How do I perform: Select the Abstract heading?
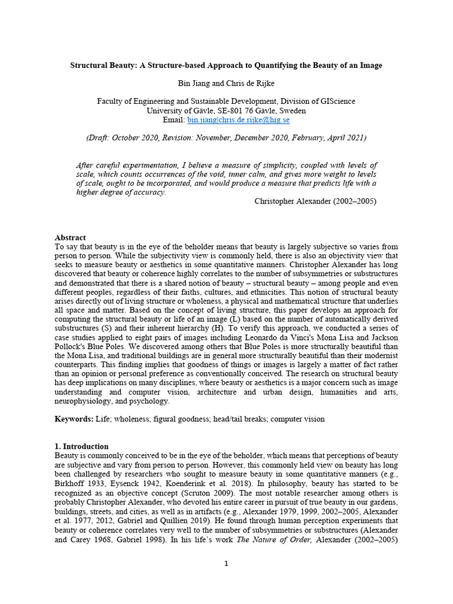[70, 238]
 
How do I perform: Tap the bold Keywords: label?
[74, 419]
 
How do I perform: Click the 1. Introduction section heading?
[81, 447]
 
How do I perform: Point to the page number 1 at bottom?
[226, 563]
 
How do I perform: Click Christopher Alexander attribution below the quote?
[315, 201]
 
